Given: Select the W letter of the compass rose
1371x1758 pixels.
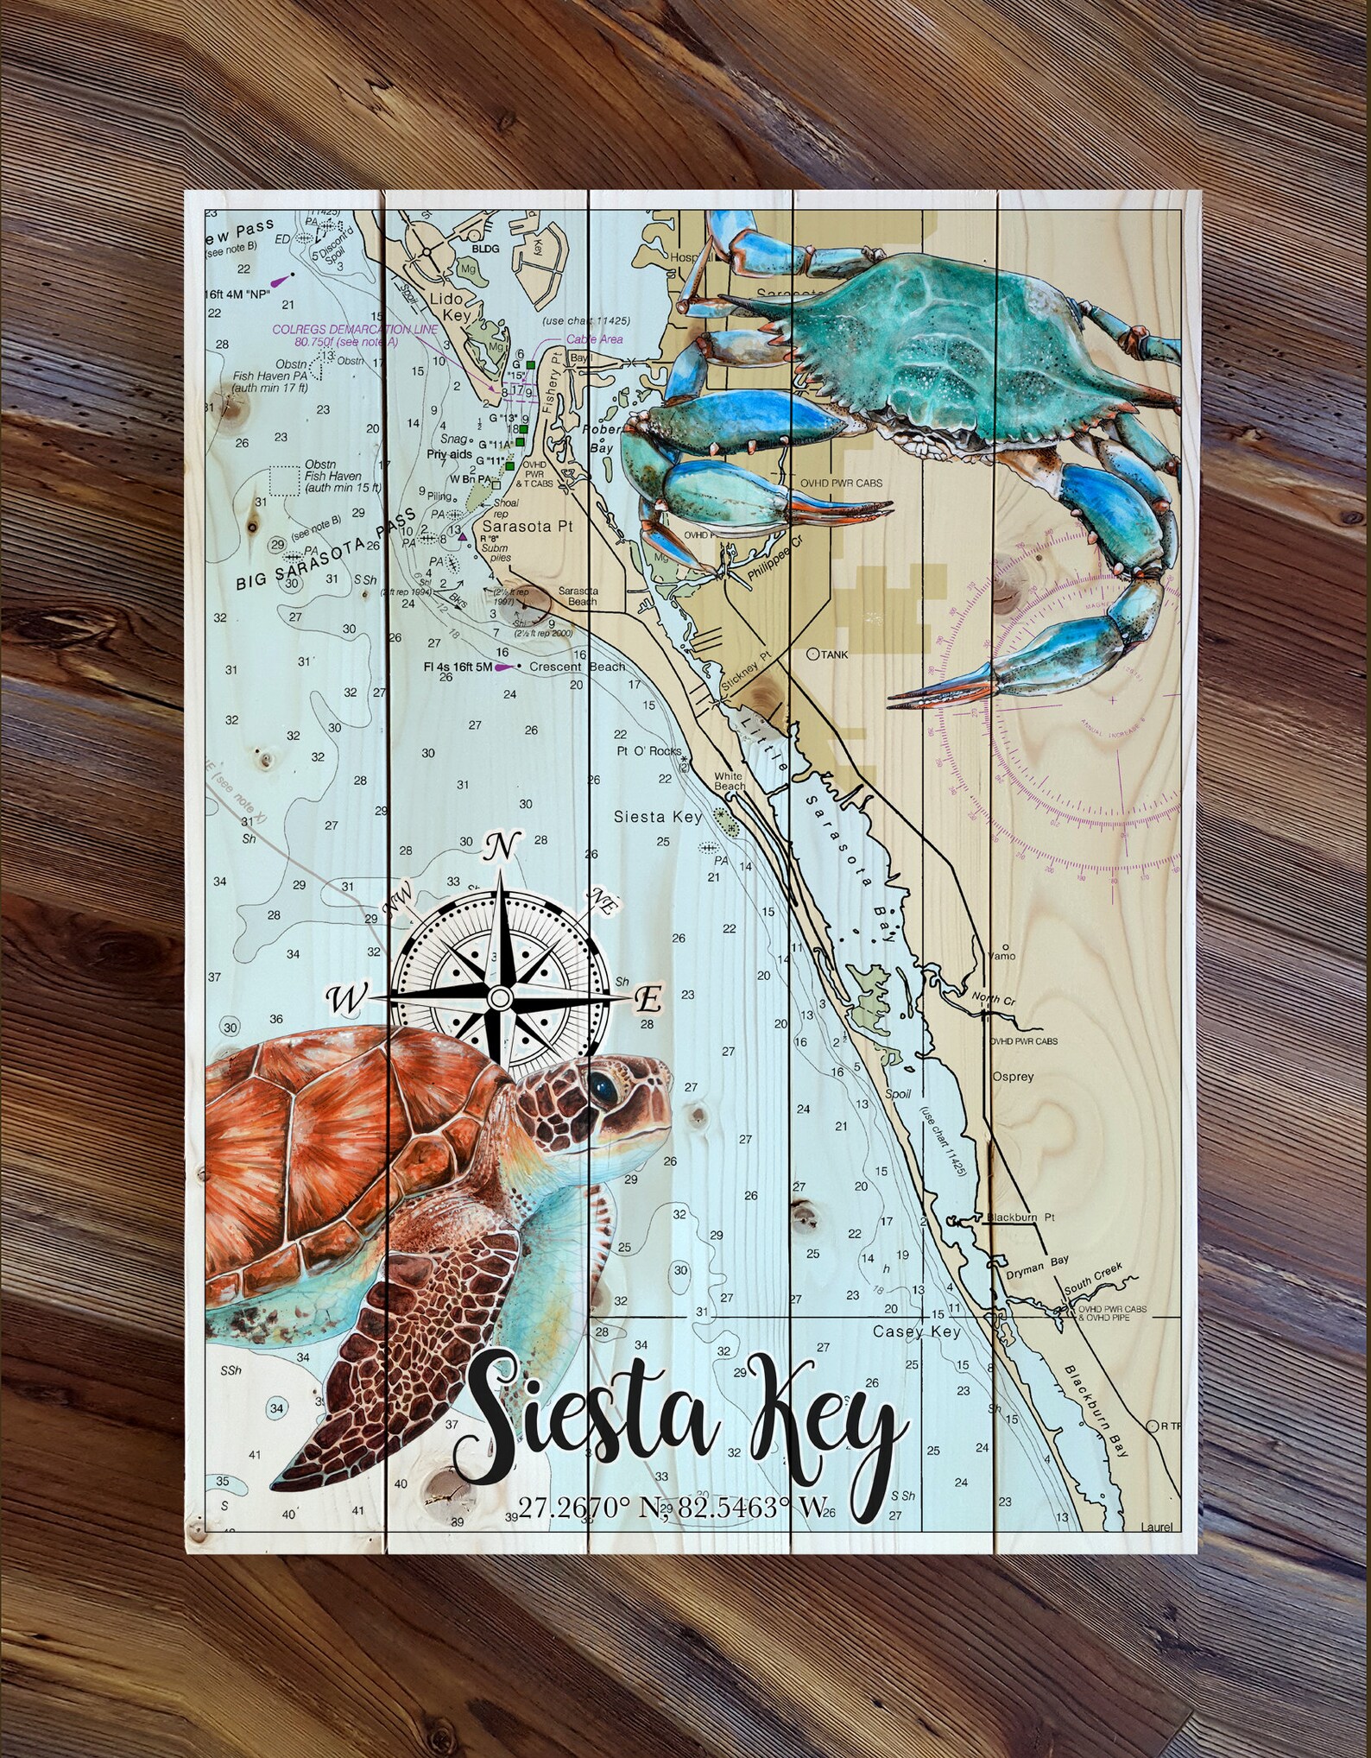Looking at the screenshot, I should click(x=348, y=999).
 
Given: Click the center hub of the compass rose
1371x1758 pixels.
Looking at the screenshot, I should click(x=499, y=998).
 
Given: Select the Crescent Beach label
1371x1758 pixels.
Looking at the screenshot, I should click(x=578, y=667).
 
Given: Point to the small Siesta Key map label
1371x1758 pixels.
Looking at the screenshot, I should click(x=658, y=817).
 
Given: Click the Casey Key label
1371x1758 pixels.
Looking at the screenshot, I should click(x=917, y=1332).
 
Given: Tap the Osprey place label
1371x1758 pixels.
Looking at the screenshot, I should click(x=1013, y=1078).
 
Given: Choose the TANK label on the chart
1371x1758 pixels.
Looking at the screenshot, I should click(x=834, y=655).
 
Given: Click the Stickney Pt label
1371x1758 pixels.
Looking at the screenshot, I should click(x=744, y=682).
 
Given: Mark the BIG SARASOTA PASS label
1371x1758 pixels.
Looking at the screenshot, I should click(x=325, y=550).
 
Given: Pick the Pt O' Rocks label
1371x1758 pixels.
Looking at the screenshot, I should click(x=648, y=751).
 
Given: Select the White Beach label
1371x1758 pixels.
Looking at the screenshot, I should click(x=730, y=781).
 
